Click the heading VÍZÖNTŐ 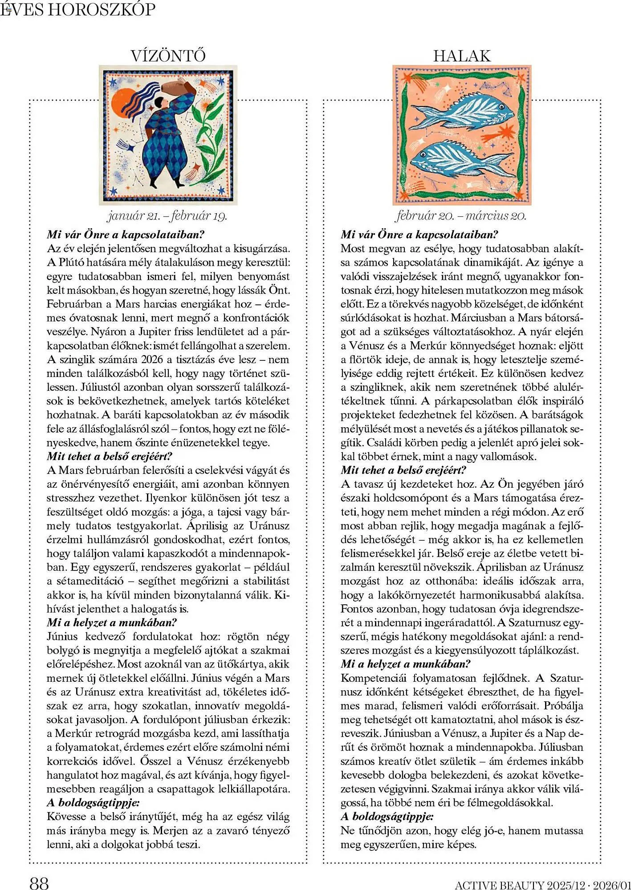168,56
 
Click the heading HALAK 462,56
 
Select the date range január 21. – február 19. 167,216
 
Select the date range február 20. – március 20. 461,216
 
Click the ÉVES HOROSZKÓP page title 78,10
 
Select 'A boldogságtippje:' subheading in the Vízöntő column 93,803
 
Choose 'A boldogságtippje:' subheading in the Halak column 387,817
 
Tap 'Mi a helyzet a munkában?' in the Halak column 406,664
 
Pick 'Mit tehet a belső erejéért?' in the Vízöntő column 110,456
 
